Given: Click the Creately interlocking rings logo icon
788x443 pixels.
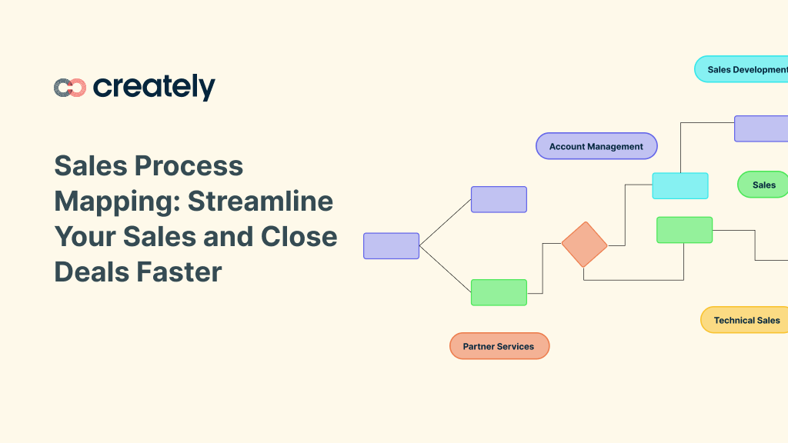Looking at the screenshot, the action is click(x=70, y=88).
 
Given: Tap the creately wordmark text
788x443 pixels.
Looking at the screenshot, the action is click(x=154, y=88).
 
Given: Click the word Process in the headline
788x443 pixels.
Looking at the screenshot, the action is click(x=189, y=166).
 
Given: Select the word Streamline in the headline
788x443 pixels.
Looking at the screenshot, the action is click(x=260, y=201).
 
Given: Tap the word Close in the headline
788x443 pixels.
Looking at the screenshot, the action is click(x=299, y=237).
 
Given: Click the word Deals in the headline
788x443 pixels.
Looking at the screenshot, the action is click(x=92, y=271).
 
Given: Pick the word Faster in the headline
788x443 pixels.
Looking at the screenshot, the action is click(x=179, y=271).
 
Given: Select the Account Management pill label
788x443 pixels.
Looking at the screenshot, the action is click(x=596, y=146).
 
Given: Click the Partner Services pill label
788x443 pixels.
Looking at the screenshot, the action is click(x=499, y=346).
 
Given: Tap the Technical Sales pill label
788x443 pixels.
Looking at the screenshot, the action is click(x=744, y=320).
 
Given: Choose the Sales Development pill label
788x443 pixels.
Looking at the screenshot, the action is click(x=741, y=69).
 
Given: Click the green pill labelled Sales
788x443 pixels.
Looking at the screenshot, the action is click(x=763, y=185).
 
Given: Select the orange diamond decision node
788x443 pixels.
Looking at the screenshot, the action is click(x=584, y=245).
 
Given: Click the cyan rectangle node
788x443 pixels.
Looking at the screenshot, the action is click(x=680, y=186).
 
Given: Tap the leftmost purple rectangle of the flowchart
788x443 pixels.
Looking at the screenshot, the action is click(x=392, y=246).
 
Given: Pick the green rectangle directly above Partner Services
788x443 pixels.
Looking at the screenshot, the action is click(x=499, y=292).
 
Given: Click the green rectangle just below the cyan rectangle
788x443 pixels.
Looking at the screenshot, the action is click(x=684, y=230).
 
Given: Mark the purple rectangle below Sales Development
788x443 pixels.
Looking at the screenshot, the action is click(x=761, y=128).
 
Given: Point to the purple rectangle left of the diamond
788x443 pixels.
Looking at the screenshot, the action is click(x=499, y=199).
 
